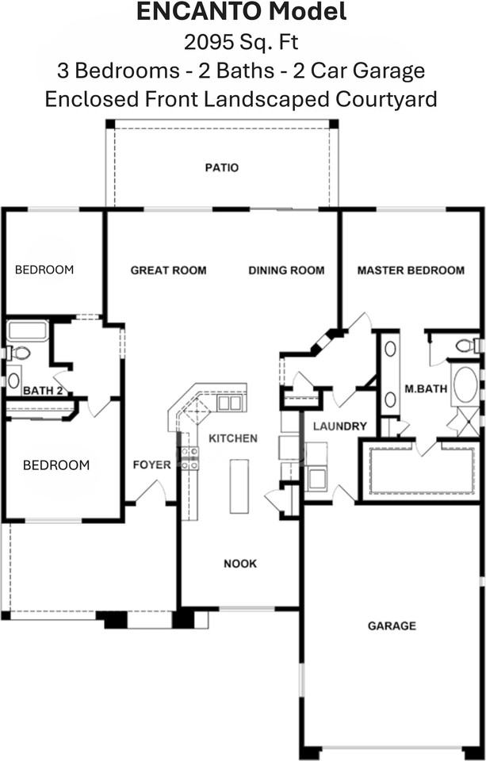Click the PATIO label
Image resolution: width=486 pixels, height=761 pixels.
(x=221, y=168)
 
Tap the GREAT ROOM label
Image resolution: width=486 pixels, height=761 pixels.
(x=168, y=270)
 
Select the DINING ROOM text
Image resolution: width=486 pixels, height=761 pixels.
(x=286, y=270)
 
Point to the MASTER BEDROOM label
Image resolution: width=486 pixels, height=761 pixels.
(x=411, y=270)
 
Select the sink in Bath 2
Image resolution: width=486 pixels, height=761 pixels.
(x=13, y=380)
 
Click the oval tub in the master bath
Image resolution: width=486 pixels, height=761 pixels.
(x=465, y=385)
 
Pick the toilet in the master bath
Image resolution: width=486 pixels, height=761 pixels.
(x=465, y=346)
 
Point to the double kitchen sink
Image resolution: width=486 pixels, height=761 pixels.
(x=230, y=403)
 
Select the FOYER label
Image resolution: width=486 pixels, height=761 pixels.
(x=151, y=465)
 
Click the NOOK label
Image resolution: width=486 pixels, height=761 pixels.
(x=239, y=564)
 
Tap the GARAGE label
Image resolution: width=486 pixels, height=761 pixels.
(x=392, y=626)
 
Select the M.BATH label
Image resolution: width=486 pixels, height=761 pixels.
(x=427, y=389)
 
